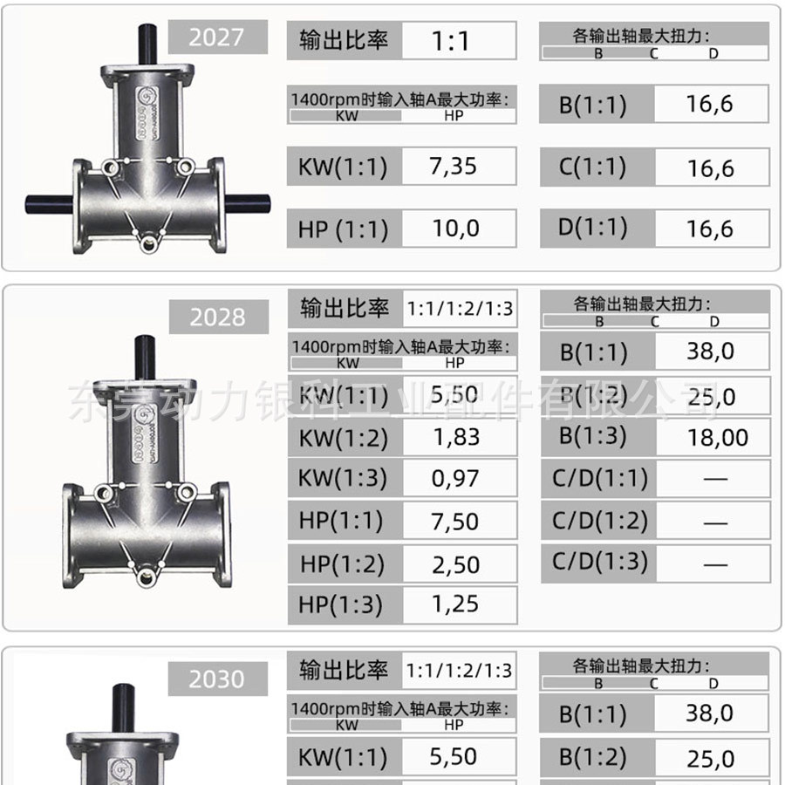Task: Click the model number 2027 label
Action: coord(216,37)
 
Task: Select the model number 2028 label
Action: coord(217,317)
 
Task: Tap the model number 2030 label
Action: coord(216,679)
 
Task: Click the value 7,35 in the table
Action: coord(453,167)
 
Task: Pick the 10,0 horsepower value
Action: coord(455,229)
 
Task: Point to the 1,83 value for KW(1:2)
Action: coord(456,437)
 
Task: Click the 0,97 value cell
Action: coord(455,478)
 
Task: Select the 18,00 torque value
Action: coord(718,438)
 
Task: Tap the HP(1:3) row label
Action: coord(340,604)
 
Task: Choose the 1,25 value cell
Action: coord(455,604)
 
